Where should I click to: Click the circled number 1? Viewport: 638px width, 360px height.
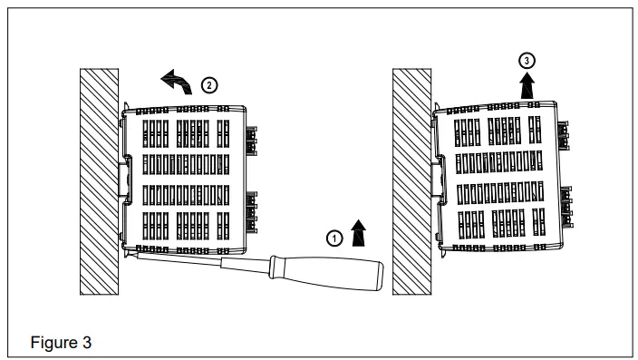tap(334, 238)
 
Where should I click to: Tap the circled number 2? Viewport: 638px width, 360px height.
tap(208, 85)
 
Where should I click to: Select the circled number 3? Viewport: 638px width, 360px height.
tap(527, 60)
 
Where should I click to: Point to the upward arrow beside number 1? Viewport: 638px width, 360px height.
tap(360, 233)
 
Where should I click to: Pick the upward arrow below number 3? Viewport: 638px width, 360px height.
tap(527, 84)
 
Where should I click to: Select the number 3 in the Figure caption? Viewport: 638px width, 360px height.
tap(86, 344)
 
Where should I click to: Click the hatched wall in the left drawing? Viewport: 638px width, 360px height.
tap(97, 181)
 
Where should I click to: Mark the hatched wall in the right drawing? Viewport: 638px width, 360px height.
tap(410, 181)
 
